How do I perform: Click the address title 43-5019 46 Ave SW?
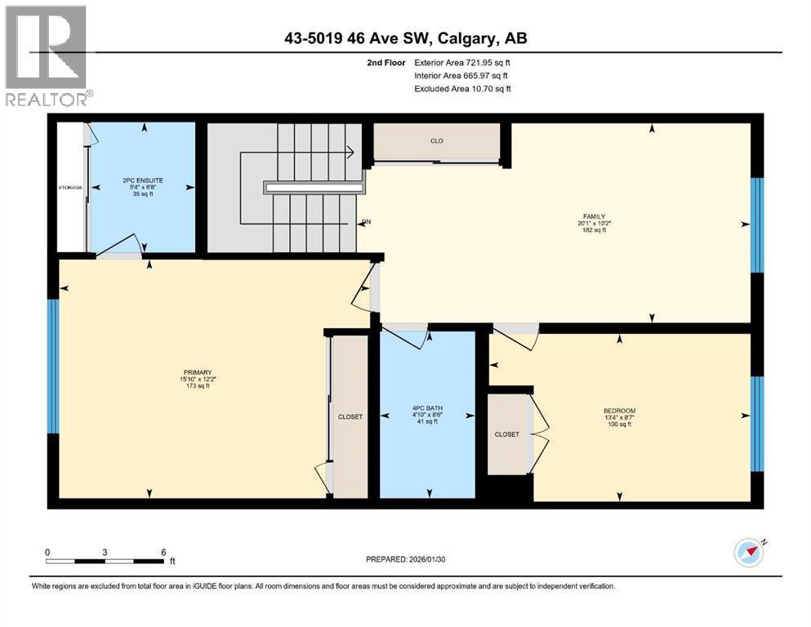[x=405, y=38]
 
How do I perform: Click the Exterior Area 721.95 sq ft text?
[x=463, y=62]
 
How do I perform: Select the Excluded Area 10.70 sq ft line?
[x=463, y=88]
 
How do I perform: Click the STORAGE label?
[x=70, y=188]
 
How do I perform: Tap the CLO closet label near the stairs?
[x=436, y=141]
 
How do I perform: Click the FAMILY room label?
[x=593, y=216]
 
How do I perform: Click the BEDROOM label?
[x=619, y=411]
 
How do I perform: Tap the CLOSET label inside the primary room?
[x=350, y=417]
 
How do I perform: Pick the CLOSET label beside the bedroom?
[x=506, y=434]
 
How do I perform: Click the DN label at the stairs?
[x=365, y=221]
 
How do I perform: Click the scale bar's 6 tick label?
[x=164, y=552]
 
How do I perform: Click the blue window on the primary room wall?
[x=53, y=366]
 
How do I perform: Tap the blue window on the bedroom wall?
[x=756, y=425]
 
